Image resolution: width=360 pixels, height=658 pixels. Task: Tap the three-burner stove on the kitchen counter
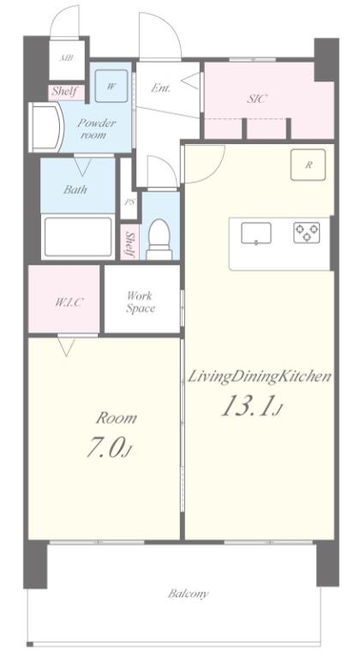[306, 233]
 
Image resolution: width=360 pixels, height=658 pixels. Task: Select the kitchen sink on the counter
[255, 233]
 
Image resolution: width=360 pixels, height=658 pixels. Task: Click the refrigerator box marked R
[309, 164]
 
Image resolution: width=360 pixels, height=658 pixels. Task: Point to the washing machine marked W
[111, 86]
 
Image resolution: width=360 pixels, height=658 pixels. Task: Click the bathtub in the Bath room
[78, 236]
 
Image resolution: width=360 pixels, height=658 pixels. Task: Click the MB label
[66, 58]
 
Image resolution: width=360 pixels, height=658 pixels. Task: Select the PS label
[129, 202]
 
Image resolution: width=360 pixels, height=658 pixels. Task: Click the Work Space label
[141, 302]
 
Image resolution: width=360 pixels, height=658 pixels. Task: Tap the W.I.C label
[68, 302]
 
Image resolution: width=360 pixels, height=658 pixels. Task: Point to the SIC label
[257, 99]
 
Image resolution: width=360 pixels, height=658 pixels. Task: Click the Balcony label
[189, 594]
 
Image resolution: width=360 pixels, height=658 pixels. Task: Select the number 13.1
[247, 406]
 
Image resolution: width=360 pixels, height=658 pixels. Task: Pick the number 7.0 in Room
[106, 448]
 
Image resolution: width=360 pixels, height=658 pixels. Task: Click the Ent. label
[161, 88]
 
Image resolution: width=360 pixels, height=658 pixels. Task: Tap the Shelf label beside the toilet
[130, 245]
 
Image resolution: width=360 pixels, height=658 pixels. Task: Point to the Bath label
[75, 189]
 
